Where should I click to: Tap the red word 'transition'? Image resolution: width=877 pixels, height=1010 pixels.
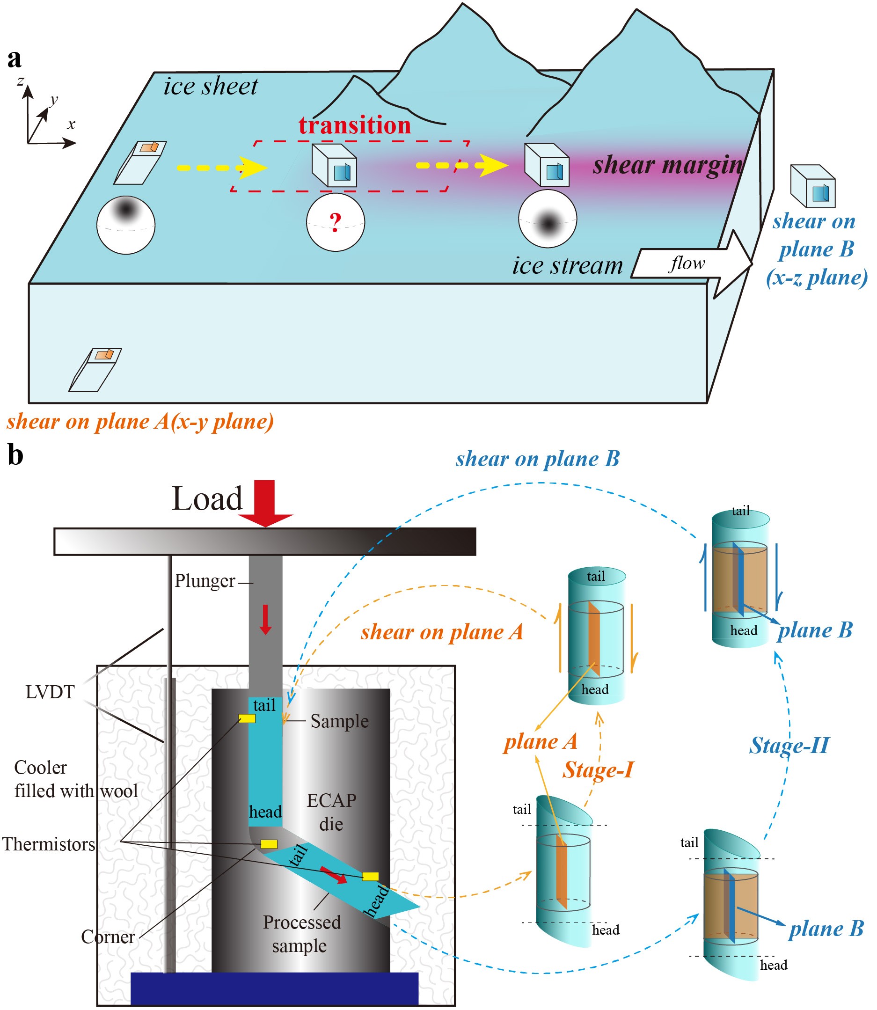click(355, 125)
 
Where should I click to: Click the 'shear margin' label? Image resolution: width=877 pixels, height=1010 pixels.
click(667, 165)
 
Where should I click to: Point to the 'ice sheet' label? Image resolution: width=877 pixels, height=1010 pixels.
click(211, 87)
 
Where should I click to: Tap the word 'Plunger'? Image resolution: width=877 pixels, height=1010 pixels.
click(205, 581)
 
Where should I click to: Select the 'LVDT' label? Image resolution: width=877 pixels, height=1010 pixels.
click(50, 692)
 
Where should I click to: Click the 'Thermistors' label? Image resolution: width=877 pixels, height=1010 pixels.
click(49, 844)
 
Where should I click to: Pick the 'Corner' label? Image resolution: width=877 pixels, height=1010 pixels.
click(108, 937)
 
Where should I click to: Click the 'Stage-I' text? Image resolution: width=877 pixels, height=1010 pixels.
click(598, 770)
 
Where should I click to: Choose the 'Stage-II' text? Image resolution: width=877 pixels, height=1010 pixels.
click(789, 745)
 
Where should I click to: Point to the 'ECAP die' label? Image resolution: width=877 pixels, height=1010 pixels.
click(331, 812)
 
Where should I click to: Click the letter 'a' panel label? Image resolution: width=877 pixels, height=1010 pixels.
click(15, 59)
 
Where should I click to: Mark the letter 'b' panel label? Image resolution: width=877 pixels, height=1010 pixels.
click(15, 455)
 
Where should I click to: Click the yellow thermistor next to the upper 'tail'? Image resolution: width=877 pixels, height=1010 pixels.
click(247, 718)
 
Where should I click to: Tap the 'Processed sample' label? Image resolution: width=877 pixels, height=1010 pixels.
click(301, 934)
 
